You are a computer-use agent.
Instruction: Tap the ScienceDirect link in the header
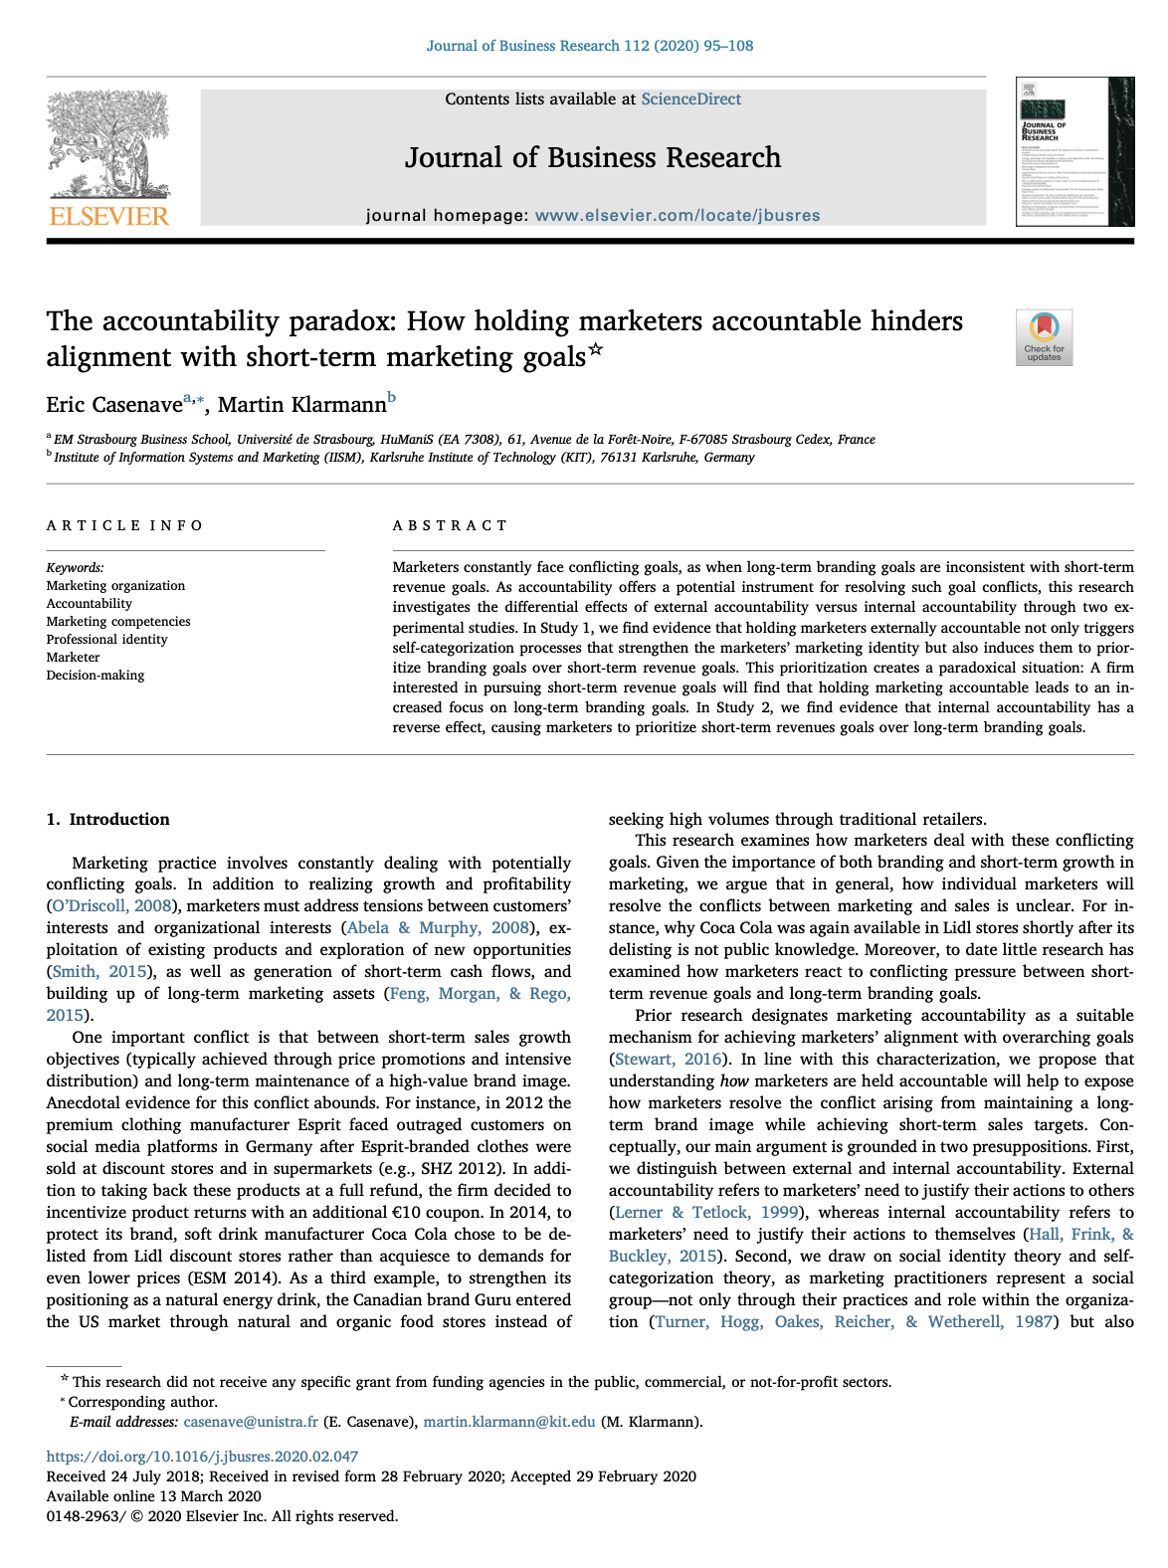point(690,99)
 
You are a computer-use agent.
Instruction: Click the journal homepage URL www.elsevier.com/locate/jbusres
point(677,215)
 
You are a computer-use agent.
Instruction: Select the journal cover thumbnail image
point(1074,151)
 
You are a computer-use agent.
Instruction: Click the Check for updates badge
point(1044,337)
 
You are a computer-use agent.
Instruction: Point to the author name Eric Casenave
point(114,404)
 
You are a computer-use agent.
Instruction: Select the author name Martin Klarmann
point(301,404)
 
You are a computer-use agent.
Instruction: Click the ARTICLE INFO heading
point(124,525)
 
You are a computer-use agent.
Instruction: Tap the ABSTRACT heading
point(450,525)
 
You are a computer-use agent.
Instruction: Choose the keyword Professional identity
point(106,640)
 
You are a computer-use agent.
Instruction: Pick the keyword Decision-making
point(96,676)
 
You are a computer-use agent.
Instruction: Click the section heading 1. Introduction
point(108,820)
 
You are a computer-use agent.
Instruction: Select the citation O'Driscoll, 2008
point(111,906)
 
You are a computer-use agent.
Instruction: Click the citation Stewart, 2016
point(669,1060)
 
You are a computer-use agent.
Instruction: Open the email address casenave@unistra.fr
point(251,1422)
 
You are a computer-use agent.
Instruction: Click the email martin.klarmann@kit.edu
point(509,1422)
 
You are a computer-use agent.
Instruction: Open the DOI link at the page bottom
point(202,1457)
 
